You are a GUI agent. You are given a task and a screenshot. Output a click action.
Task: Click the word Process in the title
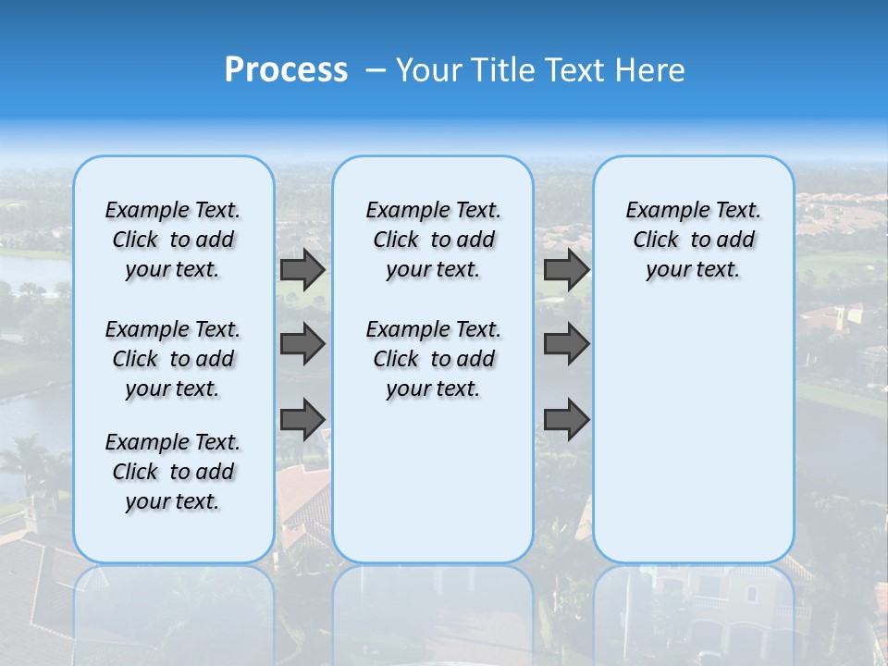point(286,70)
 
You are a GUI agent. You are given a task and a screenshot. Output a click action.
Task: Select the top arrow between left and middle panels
point(302,270)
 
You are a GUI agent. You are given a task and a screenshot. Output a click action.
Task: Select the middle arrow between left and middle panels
point(302,344)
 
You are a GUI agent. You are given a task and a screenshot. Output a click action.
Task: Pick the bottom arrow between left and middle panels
point(302,419)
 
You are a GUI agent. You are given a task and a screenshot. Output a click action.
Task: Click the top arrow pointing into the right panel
point(566,270)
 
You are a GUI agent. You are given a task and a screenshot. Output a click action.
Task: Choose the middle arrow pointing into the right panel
point(566,344)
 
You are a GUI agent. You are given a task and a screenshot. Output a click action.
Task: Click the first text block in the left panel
point(173,240)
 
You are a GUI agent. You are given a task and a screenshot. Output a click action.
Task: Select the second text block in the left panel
point(173,359)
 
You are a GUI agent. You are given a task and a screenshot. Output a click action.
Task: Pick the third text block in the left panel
point(173,472)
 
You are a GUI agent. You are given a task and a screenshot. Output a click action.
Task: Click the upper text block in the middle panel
point(433,240)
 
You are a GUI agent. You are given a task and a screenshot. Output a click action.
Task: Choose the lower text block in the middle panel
point(433,359)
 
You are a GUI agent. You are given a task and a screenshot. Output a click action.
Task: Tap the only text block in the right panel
point(693,240)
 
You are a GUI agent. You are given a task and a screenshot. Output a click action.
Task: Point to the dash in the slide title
point(375,70)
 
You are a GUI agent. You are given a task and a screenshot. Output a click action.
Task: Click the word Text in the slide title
point(573,70)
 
